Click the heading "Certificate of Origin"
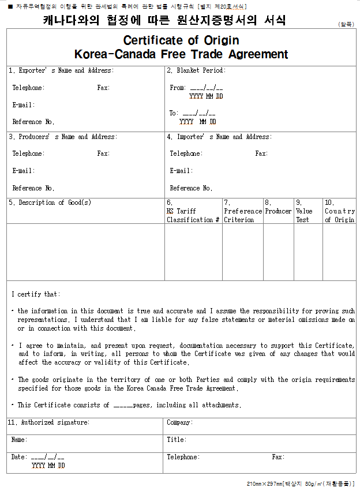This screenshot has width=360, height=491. pyautogui.click(x=181, y=40)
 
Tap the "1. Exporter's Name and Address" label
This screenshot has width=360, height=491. pyautogui.click(x=61, y=71)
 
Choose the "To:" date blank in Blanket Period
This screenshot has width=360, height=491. pyautogui.click(x=198, y=114)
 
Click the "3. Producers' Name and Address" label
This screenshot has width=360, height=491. pyautogui.click(x=62, y=137)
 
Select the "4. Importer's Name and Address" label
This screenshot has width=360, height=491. pyautogui.click(x=219, y=137)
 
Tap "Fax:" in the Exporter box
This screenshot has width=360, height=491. pyautogui.click(x=103, y=88)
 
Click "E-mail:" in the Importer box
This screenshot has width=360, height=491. pyautogui.click(x=181, y=171)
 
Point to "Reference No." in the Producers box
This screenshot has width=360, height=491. pyautogui.click(x=33, y=188)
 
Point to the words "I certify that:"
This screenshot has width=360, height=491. pyautogui.click(x=35, y=295)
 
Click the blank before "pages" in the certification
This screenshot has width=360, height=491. pyautogui.click(x=123, y=406)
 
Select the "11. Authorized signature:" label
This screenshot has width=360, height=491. pyautogui.click(x=49, y=423)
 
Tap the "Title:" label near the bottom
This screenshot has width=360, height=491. pyautogui.click(x=176, y=440)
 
